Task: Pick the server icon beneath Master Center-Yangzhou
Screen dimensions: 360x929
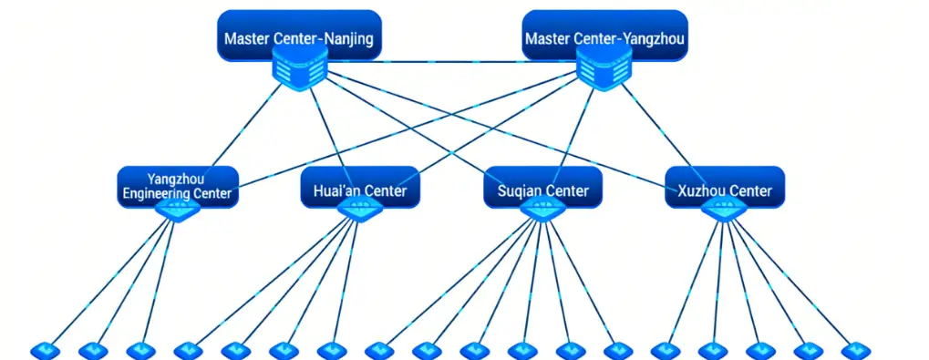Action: (x=604, y=69)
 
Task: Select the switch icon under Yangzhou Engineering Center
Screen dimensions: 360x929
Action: (x=178, y=210)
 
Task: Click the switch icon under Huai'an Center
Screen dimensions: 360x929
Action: (x=359, y=210)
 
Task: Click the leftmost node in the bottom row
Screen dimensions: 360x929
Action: (x=44, y=350)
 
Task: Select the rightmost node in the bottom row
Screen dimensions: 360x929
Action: (x=855, y=350)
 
